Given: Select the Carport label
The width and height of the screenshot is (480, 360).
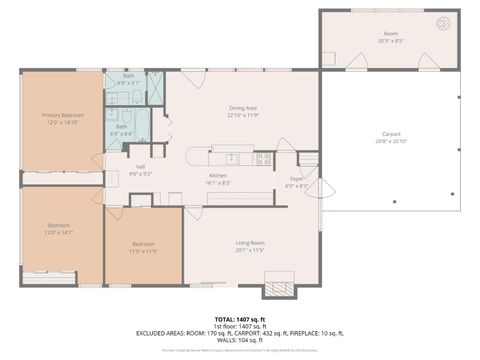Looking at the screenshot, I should [x=391, y=133].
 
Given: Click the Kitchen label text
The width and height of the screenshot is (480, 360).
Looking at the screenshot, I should [x=217, y=176].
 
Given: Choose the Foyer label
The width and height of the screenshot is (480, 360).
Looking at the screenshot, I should [x=297, y=179].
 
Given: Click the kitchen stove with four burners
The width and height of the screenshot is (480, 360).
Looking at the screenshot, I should [x=265, y=158].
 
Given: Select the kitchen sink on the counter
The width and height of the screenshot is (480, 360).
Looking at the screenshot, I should [x=232, y=157].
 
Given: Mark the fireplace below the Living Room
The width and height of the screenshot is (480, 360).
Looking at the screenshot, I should [x=278, y=290].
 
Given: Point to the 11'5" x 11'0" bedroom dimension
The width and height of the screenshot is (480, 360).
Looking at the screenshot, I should [x=145, y=251].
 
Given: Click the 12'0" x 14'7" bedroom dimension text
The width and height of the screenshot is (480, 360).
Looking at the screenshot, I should [x=59, y=233].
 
